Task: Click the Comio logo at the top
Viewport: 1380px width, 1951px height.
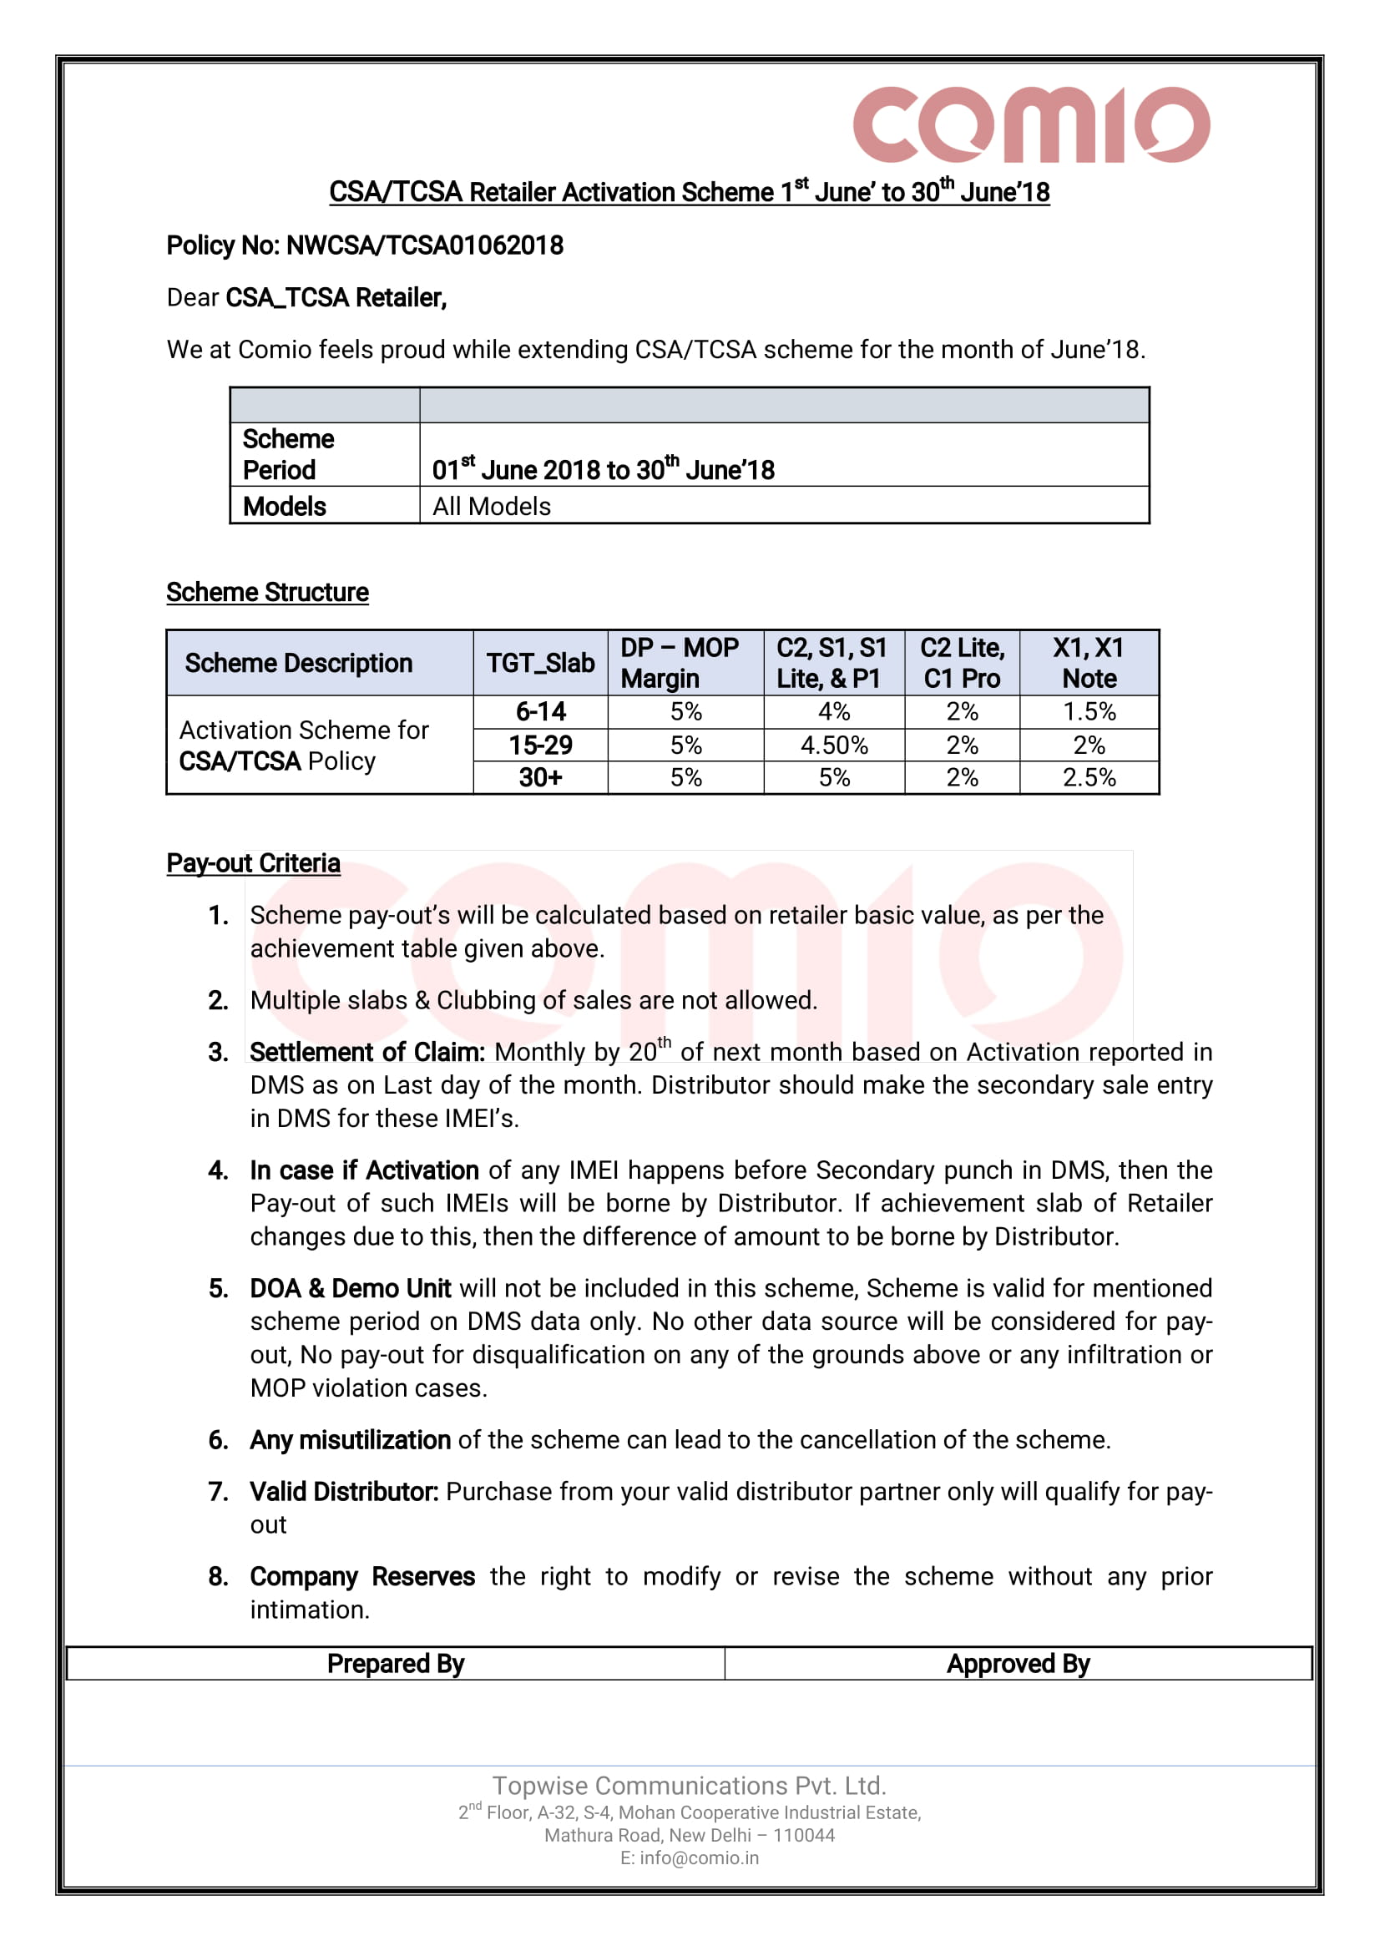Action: tap(1031, 124)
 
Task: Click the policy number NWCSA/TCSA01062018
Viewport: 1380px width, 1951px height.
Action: tap(424, 245)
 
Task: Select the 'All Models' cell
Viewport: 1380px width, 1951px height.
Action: tap(491, 507)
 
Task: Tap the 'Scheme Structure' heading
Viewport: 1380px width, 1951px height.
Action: tap(267, 592)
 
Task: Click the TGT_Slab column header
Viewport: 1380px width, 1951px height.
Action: tap(539, 663)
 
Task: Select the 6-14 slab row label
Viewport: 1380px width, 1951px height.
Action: tap(540, 711)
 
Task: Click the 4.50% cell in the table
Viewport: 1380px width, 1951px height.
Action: tap(834, 746)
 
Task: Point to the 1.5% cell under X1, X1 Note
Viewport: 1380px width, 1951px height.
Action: tap(1089, 711)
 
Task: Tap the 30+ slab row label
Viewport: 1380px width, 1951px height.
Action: tap(540, 777)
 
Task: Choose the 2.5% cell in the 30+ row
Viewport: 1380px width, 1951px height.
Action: tap(1089, 777)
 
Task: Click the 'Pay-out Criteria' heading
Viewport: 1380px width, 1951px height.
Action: tap(253, 863)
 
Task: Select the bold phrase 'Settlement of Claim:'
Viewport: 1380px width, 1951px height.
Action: tap(367, 1052)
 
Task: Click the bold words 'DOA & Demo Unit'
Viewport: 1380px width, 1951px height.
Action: tap(350, 1288)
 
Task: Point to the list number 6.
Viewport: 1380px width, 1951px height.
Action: tap(219, 1440)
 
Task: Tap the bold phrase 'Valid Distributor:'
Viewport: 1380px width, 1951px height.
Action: tap(344, 1492)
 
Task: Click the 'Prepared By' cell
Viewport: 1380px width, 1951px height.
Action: tap(395, 1664)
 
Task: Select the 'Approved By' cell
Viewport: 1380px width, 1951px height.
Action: tap(1018, 1664)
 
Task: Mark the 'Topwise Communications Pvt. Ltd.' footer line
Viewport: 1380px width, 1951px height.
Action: tap(689, 1786)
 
